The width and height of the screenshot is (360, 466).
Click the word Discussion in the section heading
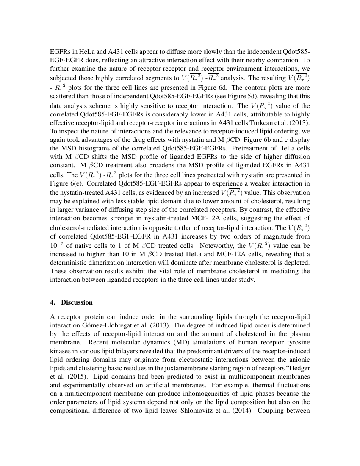click(x=77, y=302)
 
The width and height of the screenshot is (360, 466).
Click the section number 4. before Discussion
click(x=53, y=302)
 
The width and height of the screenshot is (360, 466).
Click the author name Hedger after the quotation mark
click(x=299, y=368)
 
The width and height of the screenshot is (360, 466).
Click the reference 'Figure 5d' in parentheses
click(x=239, y=96)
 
